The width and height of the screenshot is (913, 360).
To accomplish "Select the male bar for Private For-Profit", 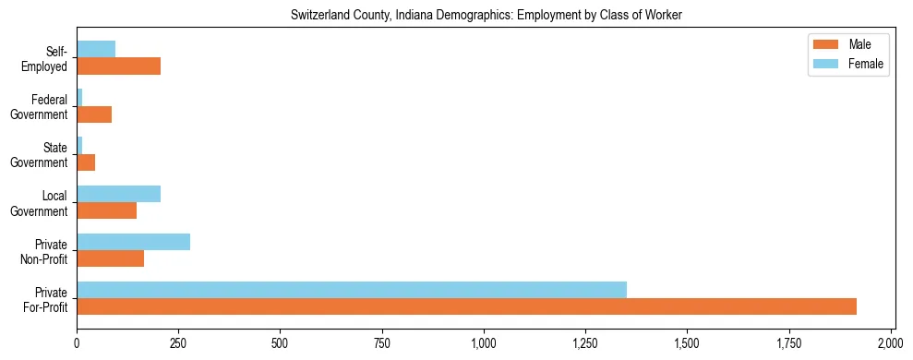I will click(x=466, y=306).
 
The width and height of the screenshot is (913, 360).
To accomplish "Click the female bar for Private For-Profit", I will click(x=352, y=290).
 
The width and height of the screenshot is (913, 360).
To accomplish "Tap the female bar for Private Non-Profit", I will click(x=134, y=242).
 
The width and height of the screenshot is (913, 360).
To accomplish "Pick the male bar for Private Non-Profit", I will click(x=111, y=258).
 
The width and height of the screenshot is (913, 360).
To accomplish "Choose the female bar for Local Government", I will click(x=119, y=194).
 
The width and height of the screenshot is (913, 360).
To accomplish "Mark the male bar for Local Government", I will click(x=107, y=210).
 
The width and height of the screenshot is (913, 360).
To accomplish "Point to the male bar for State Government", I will click(x=86, y=162).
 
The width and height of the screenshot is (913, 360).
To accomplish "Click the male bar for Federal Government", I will click(x=94, y=114).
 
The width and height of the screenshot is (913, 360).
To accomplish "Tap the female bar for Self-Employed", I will click(x=96, y=50).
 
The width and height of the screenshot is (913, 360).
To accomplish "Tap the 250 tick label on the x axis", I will click(x=178, y=342).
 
